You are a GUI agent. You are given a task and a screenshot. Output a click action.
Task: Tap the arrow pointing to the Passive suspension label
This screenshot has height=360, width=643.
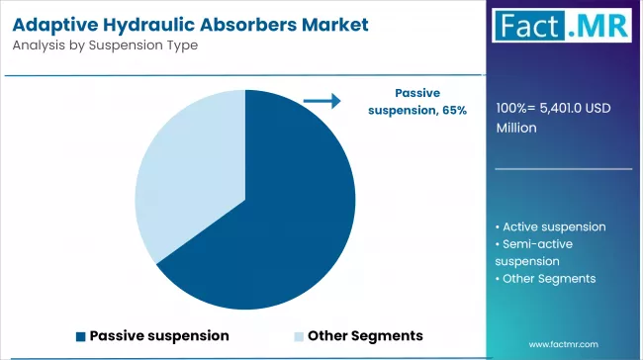(321, 100)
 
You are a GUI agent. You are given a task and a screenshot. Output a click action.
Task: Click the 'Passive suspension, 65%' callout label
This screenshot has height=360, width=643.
(417, 100)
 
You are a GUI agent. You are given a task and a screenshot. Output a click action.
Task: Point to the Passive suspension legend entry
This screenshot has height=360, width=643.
(159, 335)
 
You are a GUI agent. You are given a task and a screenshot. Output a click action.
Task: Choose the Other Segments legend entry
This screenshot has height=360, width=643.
(364, 335)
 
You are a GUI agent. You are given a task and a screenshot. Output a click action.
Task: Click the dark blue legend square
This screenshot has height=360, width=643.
(81, 335)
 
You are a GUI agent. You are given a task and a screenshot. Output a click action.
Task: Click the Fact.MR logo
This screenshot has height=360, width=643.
(564, 28)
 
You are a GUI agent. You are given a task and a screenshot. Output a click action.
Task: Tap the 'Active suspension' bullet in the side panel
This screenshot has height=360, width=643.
(554, 226)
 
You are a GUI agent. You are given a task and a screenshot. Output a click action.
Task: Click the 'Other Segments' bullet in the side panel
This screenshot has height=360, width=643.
(549, 279)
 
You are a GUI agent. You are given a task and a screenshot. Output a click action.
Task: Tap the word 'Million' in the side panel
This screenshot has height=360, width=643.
(517, 128)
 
